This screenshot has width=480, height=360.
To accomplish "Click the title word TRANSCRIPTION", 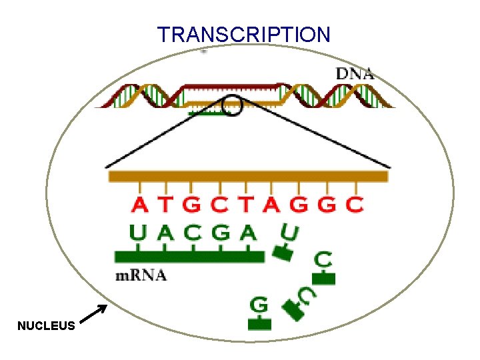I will pyautogui.click(x=243, y=34).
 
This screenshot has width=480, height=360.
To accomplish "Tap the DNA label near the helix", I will pyautogui.click(x=354, y=73).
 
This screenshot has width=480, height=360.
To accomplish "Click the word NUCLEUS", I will pyautogui.click(x=46, y=326).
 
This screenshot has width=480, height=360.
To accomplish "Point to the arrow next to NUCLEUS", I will pyautogui.click(x=93, y=315).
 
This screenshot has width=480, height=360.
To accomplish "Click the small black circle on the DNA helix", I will pyautogui.click(x=232, y=105).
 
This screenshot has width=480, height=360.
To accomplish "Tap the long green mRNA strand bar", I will pyautogui.click(x=189, y=257).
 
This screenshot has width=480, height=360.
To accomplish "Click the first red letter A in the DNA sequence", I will pyautogui.click(x=141, y=204).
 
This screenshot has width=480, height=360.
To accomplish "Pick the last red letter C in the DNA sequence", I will pyautogui.click(x=355, y=204).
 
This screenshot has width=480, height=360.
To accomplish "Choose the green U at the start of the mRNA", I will pyautogui.click(x=138, y=233).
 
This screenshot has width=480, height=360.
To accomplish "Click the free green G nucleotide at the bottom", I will pyautogui.click(x=259, y=305).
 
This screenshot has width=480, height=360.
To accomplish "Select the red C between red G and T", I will pyautogui.click(x=219, y=204).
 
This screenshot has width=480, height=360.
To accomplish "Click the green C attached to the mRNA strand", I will pyautogui.click(x=193, y=233).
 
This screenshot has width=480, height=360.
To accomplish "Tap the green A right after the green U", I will pyautogui.click(x=165, y=233).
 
